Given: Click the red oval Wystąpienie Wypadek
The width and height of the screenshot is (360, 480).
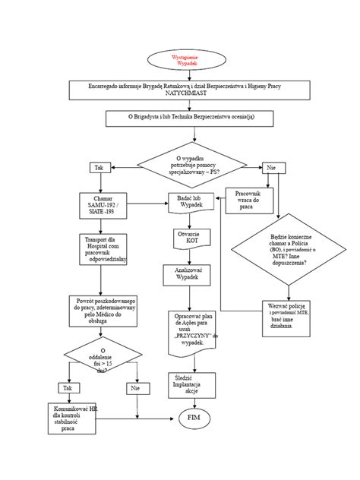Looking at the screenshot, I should [180, 60].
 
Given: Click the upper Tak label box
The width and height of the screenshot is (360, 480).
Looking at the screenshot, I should [98, 167].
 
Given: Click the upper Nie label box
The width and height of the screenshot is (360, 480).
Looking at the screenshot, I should [271, 167].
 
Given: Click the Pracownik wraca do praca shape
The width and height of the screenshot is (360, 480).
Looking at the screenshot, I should [248, 201].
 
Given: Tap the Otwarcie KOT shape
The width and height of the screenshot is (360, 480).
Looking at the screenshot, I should [190, 235].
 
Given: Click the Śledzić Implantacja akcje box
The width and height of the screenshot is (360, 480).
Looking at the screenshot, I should [190, 385].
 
